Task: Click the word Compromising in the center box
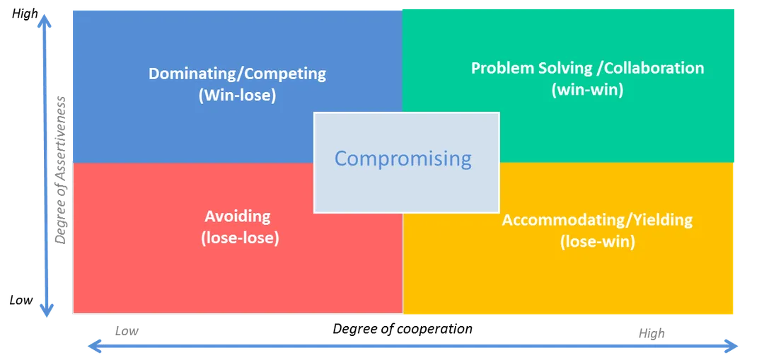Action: (403, 159)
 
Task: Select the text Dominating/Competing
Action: (237, 74)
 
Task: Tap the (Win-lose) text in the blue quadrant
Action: (237, 95)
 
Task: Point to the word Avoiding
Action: (237, 216)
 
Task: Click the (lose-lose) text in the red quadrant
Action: (240, 238)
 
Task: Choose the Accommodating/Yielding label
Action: (597, 220)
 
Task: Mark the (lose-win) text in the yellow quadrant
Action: (597, 242)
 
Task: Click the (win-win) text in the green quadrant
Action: (587, 90)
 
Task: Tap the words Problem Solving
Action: (531, 68)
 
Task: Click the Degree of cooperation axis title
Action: (403, 329)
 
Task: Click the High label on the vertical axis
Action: (24, 14)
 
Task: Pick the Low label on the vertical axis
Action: (21, 300)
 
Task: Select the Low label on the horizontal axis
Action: (127, 331)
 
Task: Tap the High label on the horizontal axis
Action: (652, 334)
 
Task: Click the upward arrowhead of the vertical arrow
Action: (45, 20)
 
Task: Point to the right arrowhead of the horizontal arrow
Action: (730, 347)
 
